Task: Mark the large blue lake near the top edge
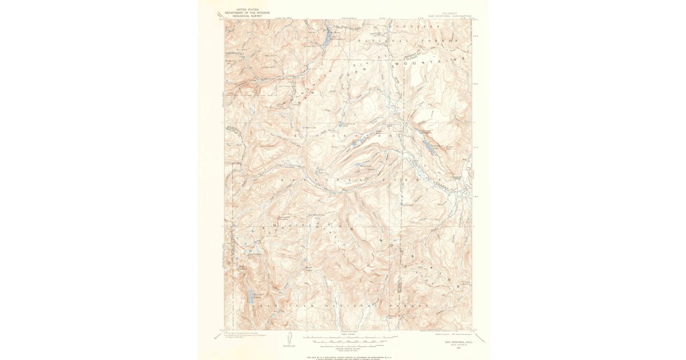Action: [326, 39]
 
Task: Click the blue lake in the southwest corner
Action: [252, 297]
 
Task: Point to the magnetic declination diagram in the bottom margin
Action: [288, 338]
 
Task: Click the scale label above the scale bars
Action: [348, 333]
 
